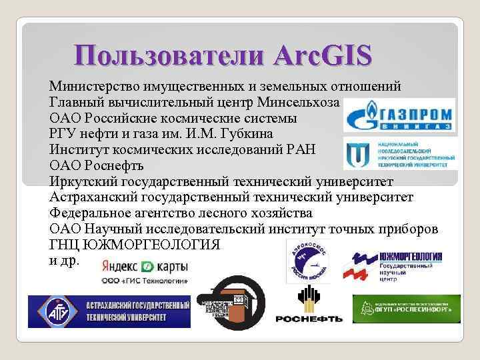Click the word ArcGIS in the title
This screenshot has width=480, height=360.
click(x=319, y=55)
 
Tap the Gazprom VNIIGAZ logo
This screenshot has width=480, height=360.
click(x=399, y=115)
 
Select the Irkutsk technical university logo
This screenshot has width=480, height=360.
click(x=399, y=153)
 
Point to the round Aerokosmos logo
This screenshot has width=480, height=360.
click(x=305, y=262)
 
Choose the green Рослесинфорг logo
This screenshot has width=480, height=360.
click(x=405, y=309)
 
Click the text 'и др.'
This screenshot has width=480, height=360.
click(x=64, y=260)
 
